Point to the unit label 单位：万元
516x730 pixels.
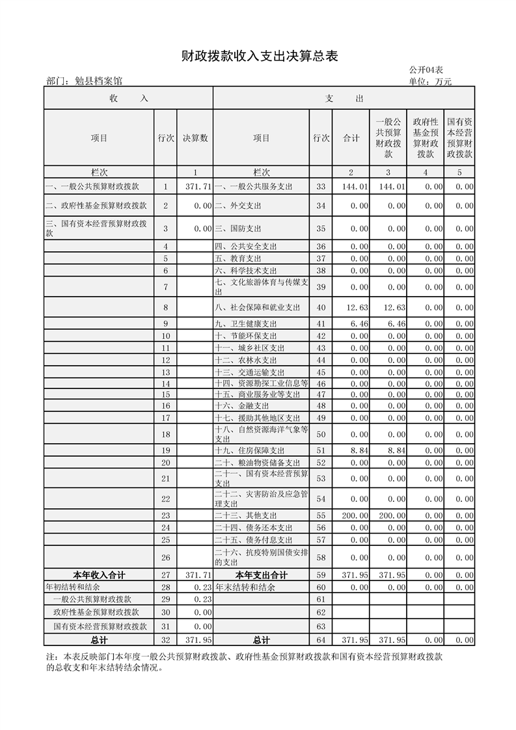[x=430, y=81]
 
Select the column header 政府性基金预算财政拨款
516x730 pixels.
[x=426, y=138]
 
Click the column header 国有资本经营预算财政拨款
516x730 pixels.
[x=459, y=138]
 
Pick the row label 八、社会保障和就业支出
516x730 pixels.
[x=258, y=307]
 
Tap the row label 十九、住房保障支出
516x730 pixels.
[x=250, y=450]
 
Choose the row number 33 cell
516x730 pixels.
[x=320, y=187]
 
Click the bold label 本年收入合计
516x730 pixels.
[x=99, y=575]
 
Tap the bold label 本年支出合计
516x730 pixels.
[x=261, y=575]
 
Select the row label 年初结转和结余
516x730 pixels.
[x=70, y=587]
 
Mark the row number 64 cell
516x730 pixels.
[x=320, y=640]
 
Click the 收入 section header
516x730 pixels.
[x=129, y=98]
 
